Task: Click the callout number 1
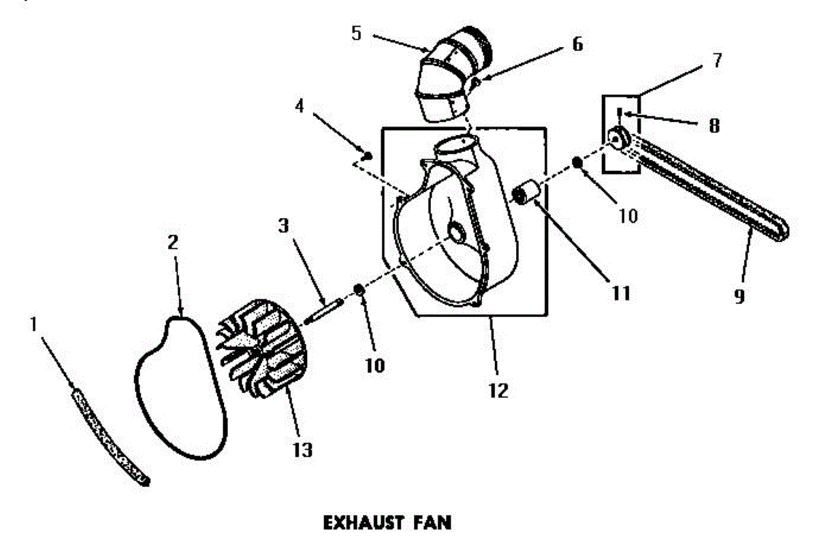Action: tap(33, 325)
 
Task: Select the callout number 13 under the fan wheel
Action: tap(302, 450)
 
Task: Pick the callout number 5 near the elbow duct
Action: tap(356, 33)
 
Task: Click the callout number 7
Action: tap(717, 60)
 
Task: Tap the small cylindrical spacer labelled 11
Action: tap(527, 191)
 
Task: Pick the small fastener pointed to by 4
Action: tap(368, 156)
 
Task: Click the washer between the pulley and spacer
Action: tap(577, 161)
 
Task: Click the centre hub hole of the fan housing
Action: tap(455, 234)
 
